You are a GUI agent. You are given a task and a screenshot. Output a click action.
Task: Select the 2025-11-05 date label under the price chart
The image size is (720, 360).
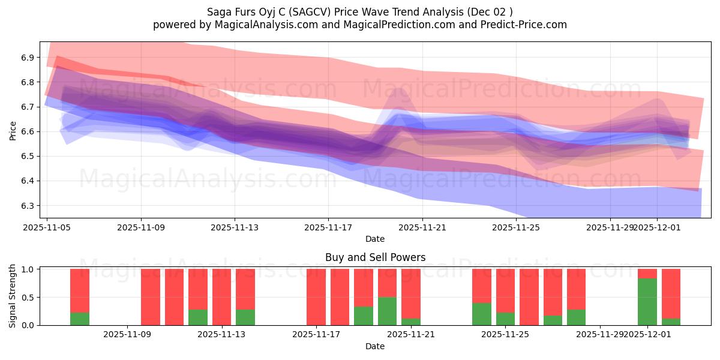point(47,228)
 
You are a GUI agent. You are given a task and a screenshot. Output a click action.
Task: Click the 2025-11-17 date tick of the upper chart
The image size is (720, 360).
point(328,228)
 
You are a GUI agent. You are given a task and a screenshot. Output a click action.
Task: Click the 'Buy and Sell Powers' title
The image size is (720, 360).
point(375,257)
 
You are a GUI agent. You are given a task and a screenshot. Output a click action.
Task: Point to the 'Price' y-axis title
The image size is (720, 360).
point(13,130)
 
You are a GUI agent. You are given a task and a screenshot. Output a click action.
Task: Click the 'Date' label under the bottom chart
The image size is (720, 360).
point(375,346)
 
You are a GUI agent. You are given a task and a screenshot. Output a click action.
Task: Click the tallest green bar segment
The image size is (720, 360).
point(647,302)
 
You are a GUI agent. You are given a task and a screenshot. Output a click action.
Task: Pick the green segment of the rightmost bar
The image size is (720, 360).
point(671,322)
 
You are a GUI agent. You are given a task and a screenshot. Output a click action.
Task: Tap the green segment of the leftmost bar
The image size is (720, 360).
point(80,319)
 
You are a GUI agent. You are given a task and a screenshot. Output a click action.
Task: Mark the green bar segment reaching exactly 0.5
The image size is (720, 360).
point(387,311)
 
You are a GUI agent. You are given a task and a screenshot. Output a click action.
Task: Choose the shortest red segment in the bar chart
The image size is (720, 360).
point(647,274)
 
